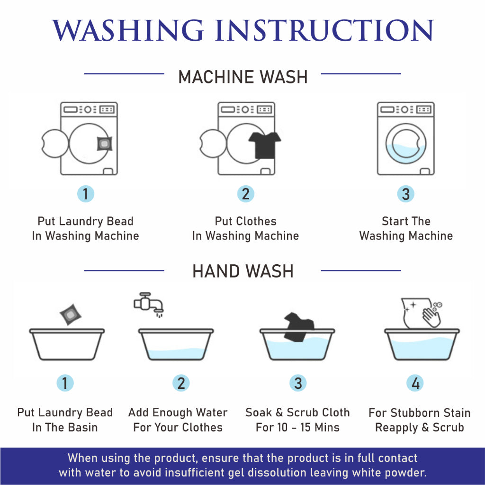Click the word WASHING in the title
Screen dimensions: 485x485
tap(128, 30)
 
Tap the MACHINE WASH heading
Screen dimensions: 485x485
tap(243, 77)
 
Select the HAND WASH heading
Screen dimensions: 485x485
tap(243, 271)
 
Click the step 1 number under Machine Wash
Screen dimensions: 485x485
tap(86, 194)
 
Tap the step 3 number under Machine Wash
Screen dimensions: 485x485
tap(405, 194)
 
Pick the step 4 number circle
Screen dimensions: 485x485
tap(415, 383)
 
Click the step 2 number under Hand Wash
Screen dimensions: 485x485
tap(181, 383)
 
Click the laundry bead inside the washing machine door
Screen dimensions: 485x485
tap(105, 144)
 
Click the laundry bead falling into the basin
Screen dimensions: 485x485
tap(71, 314)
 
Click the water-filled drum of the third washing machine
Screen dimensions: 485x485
tap(405, 144)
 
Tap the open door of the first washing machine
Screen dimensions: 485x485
tap(55, 144)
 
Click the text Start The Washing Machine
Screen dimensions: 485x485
tap(406, 228)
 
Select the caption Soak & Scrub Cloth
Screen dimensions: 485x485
tap(297, 413)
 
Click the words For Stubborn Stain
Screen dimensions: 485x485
tap(420, 413)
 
